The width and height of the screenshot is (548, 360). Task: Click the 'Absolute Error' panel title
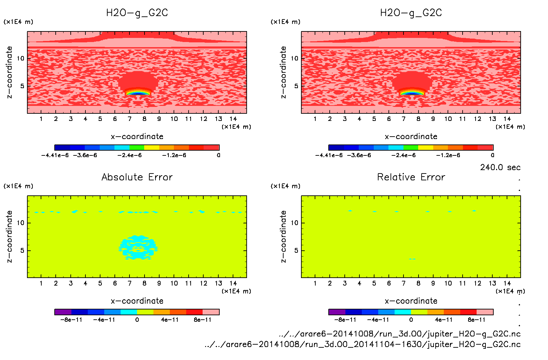(x=137, y=177)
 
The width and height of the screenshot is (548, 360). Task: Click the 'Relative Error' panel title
(x=411, y=177)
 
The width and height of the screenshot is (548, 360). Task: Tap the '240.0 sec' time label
(x=500, y=167)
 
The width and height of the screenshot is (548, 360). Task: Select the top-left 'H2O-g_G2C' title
(x=137, y=13)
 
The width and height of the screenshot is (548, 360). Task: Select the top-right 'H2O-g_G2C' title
(x=411, y=13)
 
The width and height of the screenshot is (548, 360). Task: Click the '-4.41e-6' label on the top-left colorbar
(x=55, y=155)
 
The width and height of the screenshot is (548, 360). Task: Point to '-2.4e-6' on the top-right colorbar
(x=403, y=155)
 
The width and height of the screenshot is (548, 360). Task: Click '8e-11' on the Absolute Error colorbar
(x=203, y=320)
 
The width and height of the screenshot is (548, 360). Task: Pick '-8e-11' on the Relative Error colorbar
(x=345, y=320)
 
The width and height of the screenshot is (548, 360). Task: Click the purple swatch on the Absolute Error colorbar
(x=63, y=312)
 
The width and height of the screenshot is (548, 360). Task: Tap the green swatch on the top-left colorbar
(x=137, y=148)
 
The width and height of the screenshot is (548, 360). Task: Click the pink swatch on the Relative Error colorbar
(x=485, y=312)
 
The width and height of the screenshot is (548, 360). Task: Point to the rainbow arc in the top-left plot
(x=138, y=92)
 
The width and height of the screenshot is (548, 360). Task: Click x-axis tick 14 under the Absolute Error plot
(x=233, y=283)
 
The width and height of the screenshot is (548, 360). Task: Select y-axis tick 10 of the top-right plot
(x=294, y=58)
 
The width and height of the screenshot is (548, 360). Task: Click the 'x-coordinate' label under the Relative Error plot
(x=411, y=301)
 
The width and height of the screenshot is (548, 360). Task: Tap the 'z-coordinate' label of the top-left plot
(x=9, y=72)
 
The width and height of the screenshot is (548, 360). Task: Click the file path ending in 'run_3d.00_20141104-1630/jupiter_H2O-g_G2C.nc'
(x=362, y=344)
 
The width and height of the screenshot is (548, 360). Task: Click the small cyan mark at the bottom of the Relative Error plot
(x=412, y=259)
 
